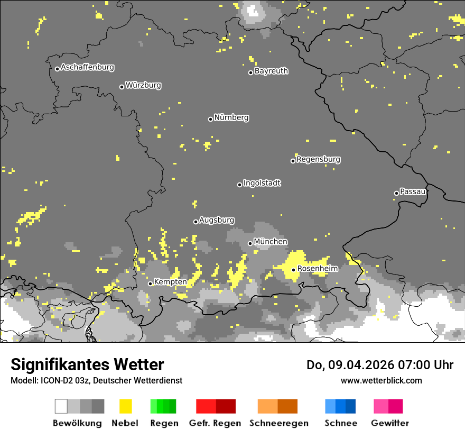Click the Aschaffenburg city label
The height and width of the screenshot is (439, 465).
[87, 68]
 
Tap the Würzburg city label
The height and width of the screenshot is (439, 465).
[143, 85]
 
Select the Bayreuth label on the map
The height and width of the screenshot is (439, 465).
[271, 71]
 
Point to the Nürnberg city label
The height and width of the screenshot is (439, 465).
[231, 117]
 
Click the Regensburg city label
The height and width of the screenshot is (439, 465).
[318, 159]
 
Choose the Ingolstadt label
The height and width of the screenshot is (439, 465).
[262, 183]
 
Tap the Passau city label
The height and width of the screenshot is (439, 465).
[413, 191]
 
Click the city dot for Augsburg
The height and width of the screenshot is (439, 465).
[196, 222]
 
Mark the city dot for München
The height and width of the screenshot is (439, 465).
[250, 243]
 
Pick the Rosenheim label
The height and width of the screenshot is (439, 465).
[317, 269]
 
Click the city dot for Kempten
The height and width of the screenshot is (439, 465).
[151, 283]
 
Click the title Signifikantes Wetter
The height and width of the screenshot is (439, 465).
[87, 365]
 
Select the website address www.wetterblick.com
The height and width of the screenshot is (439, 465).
[381, 380]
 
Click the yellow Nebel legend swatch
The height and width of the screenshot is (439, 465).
[125, 406]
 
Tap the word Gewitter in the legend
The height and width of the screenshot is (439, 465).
[389, 423]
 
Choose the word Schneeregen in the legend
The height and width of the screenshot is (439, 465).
[278, 423]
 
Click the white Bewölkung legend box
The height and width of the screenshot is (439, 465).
[61, 406]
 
